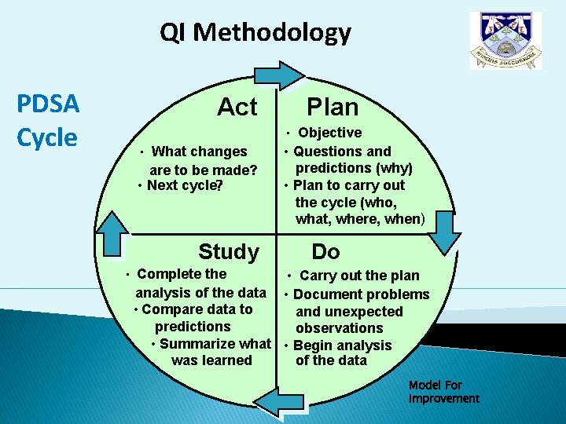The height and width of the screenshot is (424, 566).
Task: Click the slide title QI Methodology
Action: tap(255, 33)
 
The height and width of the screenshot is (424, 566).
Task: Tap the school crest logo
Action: tap(505, 42)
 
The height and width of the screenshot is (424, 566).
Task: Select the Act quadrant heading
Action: tap(237, 107)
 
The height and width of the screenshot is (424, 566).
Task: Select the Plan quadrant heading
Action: tap(333, 107)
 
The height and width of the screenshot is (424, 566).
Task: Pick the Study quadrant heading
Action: tap(228, 251)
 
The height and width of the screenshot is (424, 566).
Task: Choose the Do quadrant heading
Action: tap(325, 251)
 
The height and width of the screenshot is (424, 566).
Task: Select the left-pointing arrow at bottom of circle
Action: tap(276, 403)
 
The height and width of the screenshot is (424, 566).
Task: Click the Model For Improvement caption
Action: tap(443, 392)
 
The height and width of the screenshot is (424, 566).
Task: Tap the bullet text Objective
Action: tap(330, 133)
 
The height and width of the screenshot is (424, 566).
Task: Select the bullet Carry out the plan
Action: tap(359, 276)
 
